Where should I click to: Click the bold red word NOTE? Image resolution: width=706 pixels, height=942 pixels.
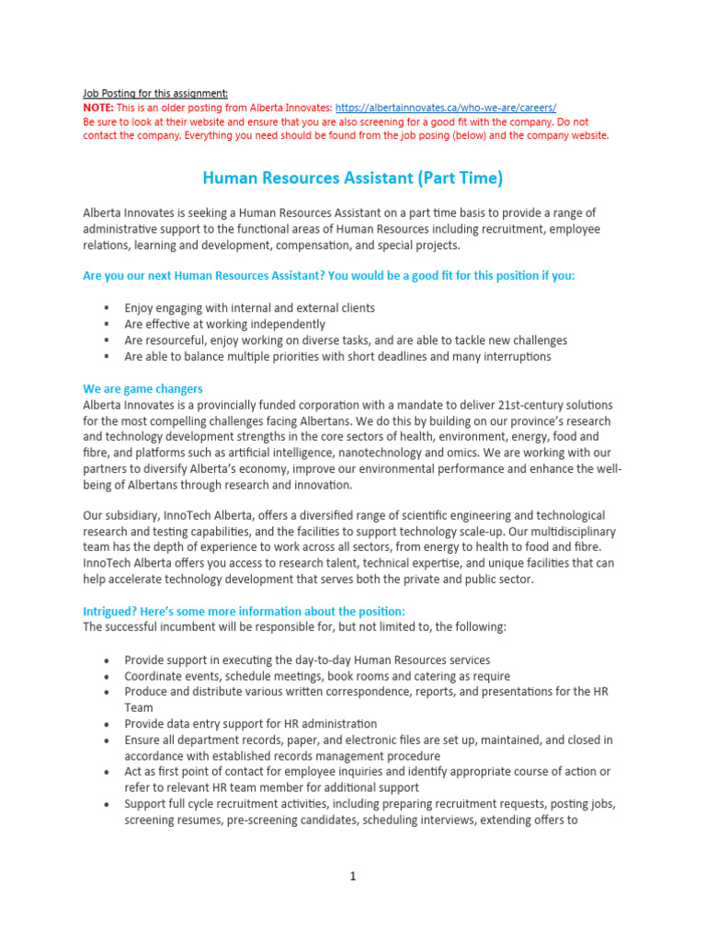tap(97, 108)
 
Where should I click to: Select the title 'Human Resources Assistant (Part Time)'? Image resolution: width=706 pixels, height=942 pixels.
tap(352, 178)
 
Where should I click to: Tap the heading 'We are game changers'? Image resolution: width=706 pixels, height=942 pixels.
tap(142, 389)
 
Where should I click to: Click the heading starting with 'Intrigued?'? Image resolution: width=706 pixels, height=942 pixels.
tap(244, 612)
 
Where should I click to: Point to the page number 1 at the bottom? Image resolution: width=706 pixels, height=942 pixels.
tap(352, 877)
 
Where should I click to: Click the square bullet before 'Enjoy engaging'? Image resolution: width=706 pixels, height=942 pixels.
tap(107, 308)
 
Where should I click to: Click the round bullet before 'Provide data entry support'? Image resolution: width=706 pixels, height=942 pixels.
tap(107, 724)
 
